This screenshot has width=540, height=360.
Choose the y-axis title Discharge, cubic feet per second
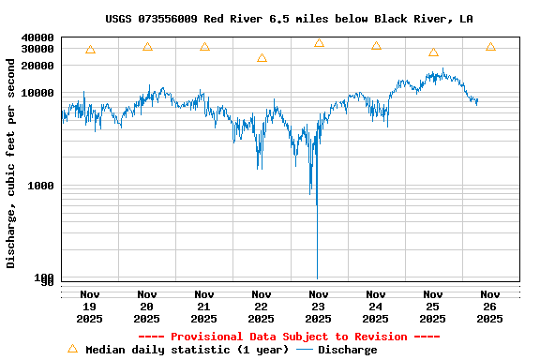click(11, 163)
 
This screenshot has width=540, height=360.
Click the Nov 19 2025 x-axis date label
click(90, 306)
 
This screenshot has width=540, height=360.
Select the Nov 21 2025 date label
click(204, 306)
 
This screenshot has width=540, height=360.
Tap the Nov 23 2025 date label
click(319, 306)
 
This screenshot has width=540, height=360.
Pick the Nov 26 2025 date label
click(489, 306)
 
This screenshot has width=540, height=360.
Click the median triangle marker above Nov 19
click(90, 50)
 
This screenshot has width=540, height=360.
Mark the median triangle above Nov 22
click(262, 58)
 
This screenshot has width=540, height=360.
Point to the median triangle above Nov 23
click(319, 43)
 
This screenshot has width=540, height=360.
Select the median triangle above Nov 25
click(433, 52)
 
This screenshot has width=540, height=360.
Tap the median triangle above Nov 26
click(490, 47)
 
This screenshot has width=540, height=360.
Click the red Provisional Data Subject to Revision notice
click(289, 337)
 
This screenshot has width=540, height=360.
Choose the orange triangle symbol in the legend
click(72, 349)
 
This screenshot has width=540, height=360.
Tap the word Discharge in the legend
click(347, 350)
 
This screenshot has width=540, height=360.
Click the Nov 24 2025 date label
click(376, 306)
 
